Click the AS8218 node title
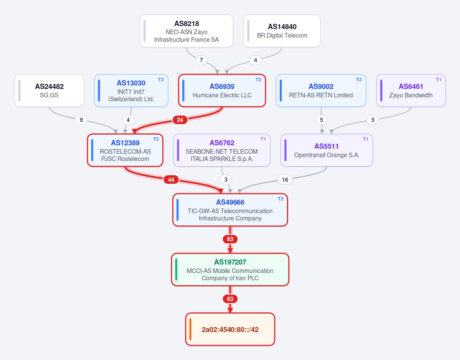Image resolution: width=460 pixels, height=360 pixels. point(186,23)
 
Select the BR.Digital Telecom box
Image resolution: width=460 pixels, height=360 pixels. point(282,31)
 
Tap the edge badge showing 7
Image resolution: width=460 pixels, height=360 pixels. point(201,60)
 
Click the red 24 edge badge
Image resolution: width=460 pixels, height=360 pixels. point(180,120)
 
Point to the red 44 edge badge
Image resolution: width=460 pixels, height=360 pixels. point(171,180)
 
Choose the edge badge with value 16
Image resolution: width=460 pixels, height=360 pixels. point(285,180)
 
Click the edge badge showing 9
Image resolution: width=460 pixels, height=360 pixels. point(81,120)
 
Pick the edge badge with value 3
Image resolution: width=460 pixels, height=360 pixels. point(226,180)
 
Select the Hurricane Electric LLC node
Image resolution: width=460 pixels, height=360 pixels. point(222,90)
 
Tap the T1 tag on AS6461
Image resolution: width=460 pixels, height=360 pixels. point(438,80)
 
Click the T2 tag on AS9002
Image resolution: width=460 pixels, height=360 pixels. point(359,80)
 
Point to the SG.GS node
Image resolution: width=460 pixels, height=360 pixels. point(49,90)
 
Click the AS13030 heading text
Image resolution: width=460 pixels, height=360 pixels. point(131,83)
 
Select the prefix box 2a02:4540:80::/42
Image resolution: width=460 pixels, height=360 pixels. point(230,329)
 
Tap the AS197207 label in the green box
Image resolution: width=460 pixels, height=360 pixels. point(230,262)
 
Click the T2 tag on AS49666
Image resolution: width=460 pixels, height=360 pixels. point(280,199)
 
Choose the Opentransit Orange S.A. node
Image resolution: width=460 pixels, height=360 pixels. point(327,150)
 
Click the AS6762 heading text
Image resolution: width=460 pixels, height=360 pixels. point(222,143)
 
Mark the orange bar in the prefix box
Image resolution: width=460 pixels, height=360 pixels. point(190,329)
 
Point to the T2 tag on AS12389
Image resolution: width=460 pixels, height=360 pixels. point(156,139)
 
